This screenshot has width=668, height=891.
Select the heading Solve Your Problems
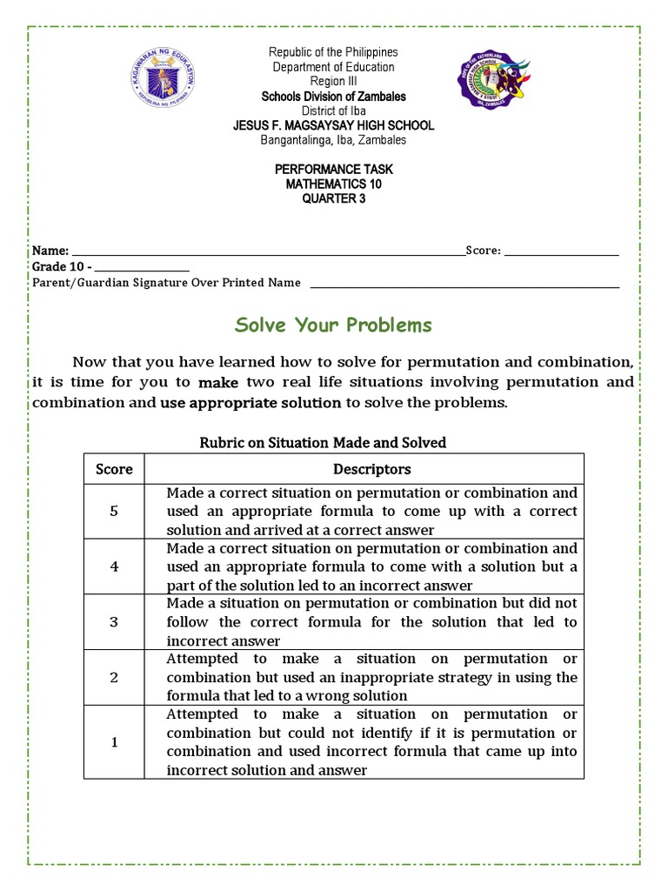click(333, 325)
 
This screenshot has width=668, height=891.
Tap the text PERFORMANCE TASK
click(333, 169)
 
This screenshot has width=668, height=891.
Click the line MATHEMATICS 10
click(333, 184)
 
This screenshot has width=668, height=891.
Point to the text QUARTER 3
click(333, 198)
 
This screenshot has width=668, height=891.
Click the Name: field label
click(50, 251)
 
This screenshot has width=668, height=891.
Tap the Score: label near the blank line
click(483, 251)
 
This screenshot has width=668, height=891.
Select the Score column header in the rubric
click(114, 469)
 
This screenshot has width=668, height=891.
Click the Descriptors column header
click(371, 469)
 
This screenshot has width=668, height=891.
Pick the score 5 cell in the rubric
click(114, 511)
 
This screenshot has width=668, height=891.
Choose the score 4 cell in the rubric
click(114, 566)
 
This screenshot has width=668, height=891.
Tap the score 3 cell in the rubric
click(114, 621)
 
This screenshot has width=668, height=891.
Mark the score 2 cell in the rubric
click(114, 677)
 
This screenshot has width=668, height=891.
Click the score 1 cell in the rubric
click(114, 741)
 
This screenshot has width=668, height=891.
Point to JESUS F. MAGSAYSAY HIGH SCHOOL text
click(333, 125)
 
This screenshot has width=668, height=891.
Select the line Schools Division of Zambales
click(333, 97)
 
